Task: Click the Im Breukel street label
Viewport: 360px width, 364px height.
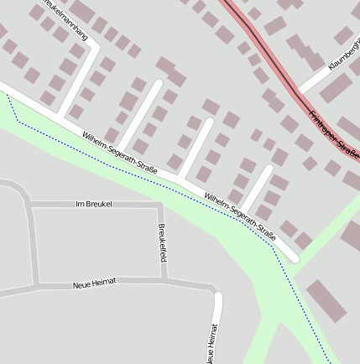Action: [93, 204]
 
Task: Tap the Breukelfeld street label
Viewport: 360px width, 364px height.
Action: [162, 242]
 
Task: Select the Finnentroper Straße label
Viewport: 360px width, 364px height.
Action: [333, 131]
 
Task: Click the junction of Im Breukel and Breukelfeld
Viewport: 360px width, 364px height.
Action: [159, 205]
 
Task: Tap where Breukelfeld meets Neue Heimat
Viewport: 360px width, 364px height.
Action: [162, 282]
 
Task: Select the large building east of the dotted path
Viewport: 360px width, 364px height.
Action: [326, 301]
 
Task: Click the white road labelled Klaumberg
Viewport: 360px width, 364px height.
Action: [319, 75]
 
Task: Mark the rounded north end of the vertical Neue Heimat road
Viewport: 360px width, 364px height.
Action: [217, 296]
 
